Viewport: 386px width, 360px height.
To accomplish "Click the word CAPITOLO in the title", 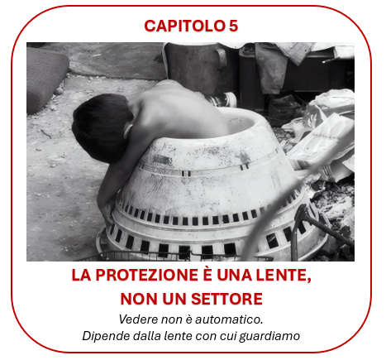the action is click(184, 26).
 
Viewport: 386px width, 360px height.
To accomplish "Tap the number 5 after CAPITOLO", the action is click(233, 26).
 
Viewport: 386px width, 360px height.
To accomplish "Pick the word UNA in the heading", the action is click(235, 275).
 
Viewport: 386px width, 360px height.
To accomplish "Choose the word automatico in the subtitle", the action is click(229, 319).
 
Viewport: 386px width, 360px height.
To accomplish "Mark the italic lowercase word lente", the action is click(179, 336).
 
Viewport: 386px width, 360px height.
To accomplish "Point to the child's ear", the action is click(128, 131).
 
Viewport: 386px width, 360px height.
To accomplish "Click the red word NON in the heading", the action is click(136, 299).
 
